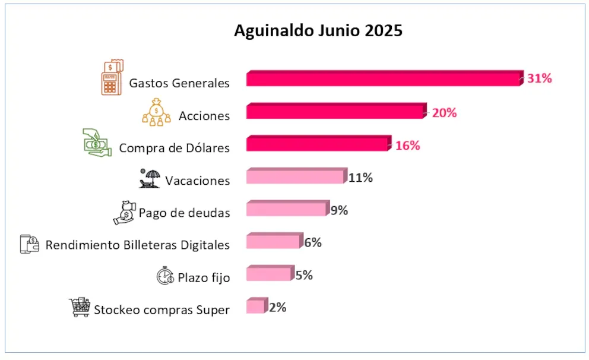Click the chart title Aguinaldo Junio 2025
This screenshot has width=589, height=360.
(x=318, y=31)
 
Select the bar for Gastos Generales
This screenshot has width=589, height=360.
(x=383, y=79)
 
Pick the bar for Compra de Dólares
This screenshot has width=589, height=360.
(x=317, y=144)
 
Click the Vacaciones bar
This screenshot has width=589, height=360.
(x=294, y=177)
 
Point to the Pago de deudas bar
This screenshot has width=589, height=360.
(x=286, y=209)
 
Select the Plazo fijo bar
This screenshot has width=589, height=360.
(x=268, y=274)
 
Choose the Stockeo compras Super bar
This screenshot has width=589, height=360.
(x=255, y=307)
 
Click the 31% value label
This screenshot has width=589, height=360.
(x=540, y=78)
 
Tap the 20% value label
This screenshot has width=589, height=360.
(x=444, y=112)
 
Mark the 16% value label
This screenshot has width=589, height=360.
(x=407, y=146)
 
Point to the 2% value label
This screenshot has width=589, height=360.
(x=277, y=308)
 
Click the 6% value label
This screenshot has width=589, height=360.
(x=313, y=242)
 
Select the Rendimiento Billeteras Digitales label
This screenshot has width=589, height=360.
(x=138, y=245)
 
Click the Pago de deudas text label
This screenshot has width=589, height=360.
(x=184, y=213)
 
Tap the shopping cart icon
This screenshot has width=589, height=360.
(x=80, y=307)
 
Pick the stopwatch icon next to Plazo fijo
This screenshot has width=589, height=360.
(x=165, y=276)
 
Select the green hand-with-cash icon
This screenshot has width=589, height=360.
(x=97, y=143)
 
